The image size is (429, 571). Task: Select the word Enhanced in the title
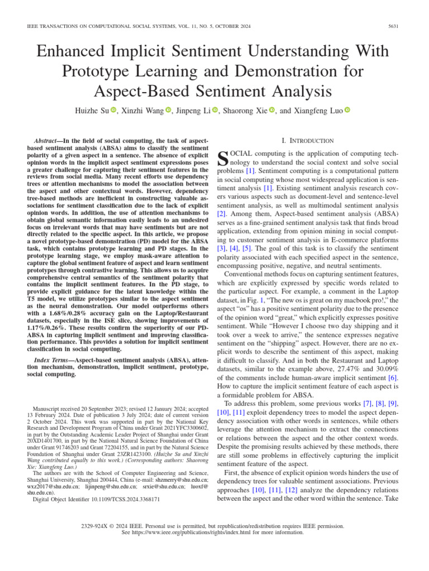tap(77, 52)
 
